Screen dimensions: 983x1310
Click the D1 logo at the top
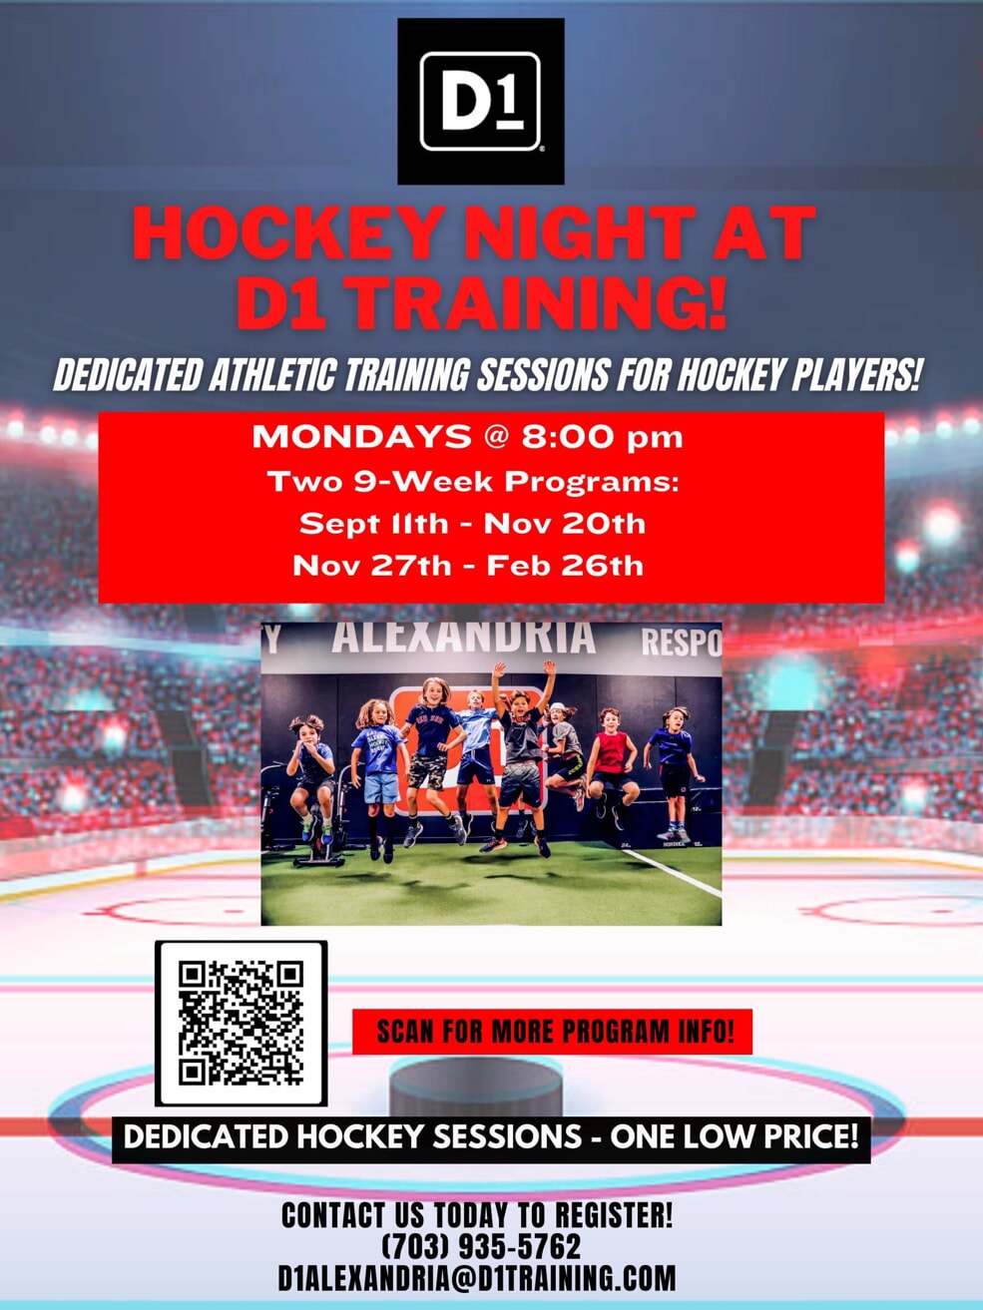480,101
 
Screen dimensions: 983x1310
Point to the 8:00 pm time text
602,437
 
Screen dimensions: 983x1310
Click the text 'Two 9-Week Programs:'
473,482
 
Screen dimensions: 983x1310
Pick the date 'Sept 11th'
373,524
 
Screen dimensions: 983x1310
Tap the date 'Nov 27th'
372,566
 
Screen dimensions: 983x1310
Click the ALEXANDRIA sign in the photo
463,638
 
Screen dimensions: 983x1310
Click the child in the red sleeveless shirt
613,767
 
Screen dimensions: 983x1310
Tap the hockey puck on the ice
476,1086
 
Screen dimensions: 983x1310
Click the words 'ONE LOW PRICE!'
734,1136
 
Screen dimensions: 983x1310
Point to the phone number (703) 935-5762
480,1246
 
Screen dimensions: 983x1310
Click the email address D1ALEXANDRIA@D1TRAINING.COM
477,1278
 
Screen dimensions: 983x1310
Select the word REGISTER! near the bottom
614,1214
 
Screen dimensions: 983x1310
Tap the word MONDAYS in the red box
361,437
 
